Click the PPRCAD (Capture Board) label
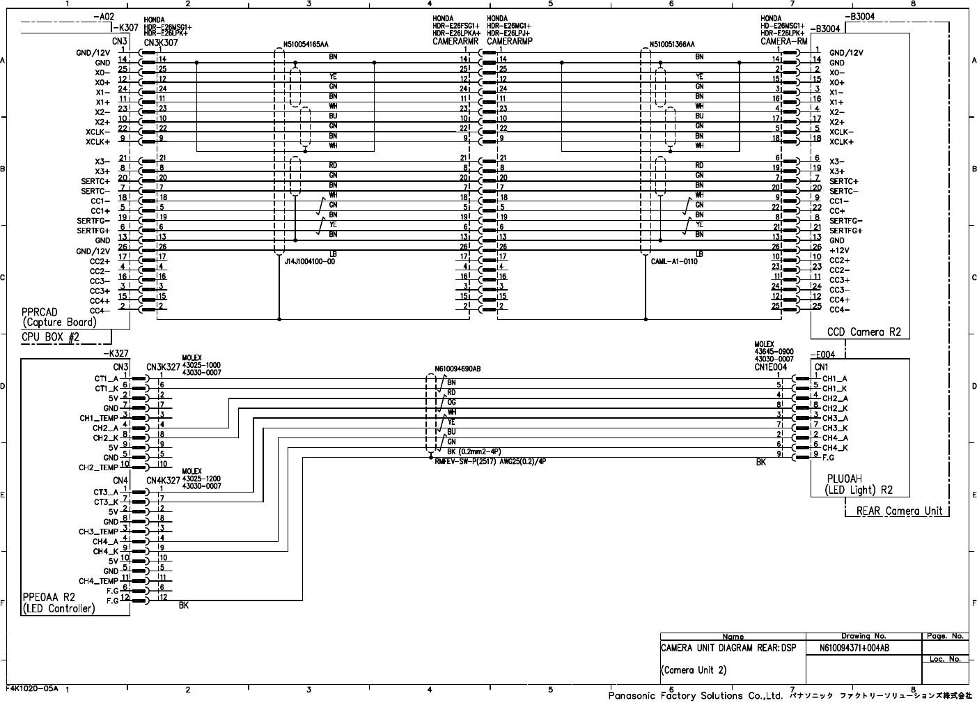[x=58, y=317]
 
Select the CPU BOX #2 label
[x=50, y=337]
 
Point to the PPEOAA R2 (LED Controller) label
[x=58, y=603]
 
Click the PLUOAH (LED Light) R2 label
[x=858, y=484]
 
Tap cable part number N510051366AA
[x=672, y=44]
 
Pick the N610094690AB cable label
[x=458, y=369]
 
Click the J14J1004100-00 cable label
[x=310, y=262]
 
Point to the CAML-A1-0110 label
[x=674, y=262]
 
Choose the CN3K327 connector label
[x=163, y=366]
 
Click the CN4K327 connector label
[x=163, y=481]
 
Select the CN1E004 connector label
[x=771, y=366]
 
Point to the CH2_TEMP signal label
[x=98, y=467]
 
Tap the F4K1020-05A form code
[x=33, y=688]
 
